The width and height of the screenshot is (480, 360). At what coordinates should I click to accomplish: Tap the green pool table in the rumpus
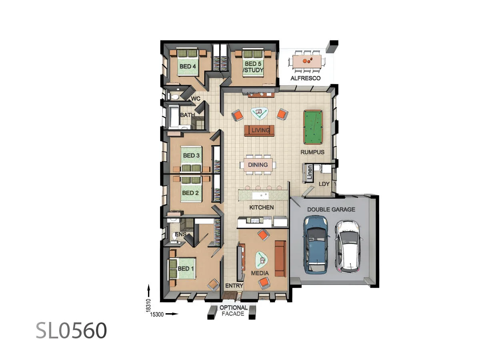pyautogui.click(x=313, y=128)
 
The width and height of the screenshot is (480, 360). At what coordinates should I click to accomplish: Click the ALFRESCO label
pyautogui.click(x=306, y=78)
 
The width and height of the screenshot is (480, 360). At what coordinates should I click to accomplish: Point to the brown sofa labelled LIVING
pyautogui.click(x=259, y=130)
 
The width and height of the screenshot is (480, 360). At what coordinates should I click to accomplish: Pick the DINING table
pyautogui.click(x=258, y=165)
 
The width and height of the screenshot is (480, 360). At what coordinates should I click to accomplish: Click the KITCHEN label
pyautogui.click(x=262, y=207)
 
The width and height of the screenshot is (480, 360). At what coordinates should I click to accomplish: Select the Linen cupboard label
pyautogui.click(x=309, y=172)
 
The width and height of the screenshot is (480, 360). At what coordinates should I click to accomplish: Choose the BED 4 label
pyautogui.click(x=188, y=66)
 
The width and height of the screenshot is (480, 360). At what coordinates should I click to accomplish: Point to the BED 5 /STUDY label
pyautogui.click(x=254, y=67)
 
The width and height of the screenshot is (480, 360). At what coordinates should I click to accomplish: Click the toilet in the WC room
pyautogui.click(x=174, y=96)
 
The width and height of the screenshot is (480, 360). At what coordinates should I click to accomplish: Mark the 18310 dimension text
pyautogui.click(x=148, y=305)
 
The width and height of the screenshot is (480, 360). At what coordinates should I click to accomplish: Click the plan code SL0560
pyautogui.click(x=72, y=331)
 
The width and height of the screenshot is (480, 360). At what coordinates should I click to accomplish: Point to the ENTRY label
pyautogui.click(x=234, y=286)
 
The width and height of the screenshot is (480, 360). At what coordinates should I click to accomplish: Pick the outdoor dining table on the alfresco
pyautogui.click(x=307, y=62)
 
